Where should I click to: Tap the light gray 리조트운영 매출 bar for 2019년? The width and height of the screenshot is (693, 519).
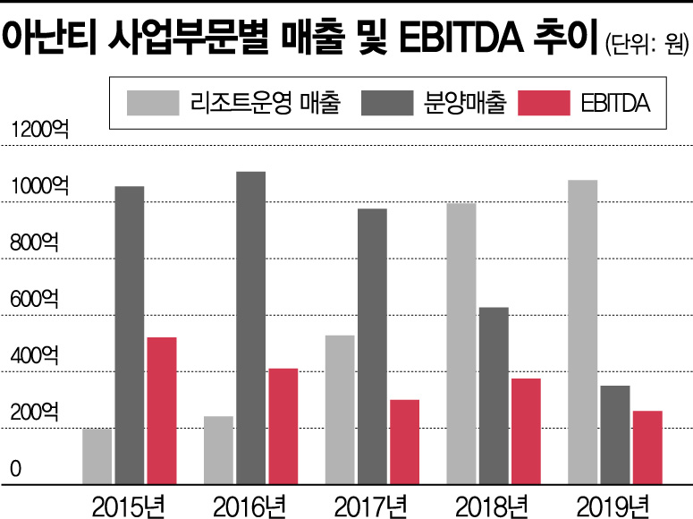(583, 331)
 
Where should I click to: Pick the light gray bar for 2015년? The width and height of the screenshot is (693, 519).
(97, 455)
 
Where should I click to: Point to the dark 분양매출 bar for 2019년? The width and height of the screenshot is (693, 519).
(615, 434)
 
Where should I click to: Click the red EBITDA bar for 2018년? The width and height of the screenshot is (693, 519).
(526, 430)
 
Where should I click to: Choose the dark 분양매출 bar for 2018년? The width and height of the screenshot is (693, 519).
(494, 395)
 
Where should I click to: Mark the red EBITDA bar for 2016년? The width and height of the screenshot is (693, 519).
(283, 425)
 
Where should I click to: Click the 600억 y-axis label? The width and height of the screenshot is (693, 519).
(34, 300)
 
